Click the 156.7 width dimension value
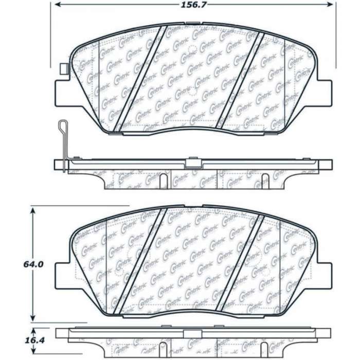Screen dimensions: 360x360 pyautogui.click(x=193, y=5)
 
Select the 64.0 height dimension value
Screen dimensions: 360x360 pyautogui.click(x=33, y=264)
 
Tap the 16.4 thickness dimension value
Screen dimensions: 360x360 pyautogui.click(x=34, y=340)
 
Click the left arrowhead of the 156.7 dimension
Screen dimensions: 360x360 pyautogui.click(x=58, y=4)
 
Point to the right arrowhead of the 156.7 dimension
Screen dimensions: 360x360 pyautogui.click(x=330, y=4)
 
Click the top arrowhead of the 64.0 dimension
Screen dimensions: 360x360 pyautogui.click(x=33, y=211)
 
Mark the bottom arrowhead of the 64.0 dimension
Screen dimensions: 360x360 pyautogui.click(x=33, y=318)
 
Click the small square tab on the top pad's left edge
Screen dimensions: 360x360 pyautogui.click(x=64, y=69)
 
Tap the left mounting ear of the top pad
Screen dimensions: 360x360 pyautogui.click(x=62, y=93)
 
